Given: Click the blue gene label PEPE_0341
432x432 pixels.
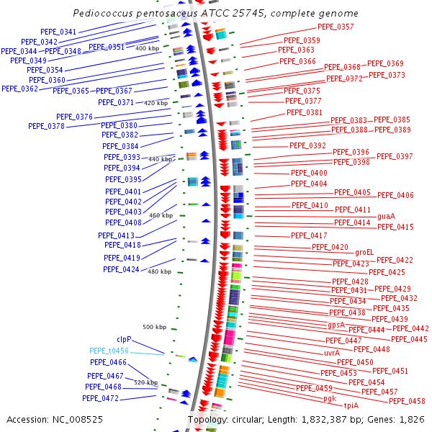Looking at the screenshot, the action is point(58,32).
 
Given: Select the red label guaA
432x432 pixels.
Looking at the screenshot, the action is point(386,216).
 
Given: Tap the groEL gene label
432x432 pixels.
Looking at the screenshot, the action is point(364,253).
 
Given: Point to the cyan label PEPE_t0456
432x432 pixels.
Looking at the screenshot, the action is point(109,351).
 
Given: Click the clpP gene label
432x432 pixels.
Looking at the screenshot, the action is point(125,339).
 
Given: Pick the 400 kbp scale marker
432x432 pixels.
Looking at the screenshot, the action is point(147,48).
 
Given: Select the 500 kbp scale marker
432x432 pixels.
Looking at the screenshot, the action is point(155,327).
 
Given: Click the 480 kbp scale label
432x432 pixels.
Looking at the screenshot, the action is point(160,271).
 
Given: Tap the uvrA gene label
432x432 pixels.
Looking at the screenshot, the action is point(332,353).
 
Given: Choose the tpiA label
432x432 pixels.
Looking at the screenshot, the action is point(351,405).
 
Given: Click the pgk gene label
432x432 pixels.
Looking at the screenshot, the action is point(330,399).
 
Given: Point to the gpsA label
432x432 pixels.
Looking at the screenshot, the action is point(336,325).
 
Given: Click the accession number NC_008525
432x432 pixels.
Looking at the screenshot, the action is point(78,420).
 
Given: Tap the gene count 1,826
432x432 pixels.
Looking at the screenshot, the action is point(412,420).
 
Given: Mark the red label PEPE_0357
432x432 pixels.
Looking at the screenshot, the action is point(336,27).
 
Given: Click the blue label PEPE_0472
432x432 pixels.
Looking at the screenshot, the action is point(101,398).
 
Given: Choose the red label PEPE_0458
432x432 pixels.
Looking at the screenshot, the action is point(407,401).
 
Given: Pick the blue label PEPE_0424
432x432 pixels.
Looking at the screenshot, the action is point(121,269).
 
